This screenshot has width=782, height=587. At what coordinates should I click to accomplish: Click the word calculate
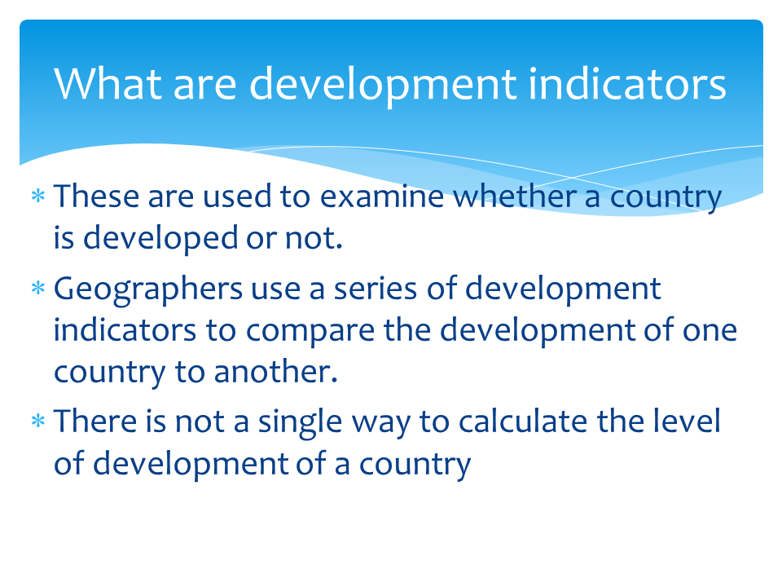pos(518,423)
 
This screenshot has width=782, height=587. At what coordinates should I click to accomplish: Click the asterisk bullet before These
pos(37,197)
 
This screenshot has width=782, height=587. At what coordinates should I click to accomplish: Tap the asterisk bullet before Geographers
pos(37,289)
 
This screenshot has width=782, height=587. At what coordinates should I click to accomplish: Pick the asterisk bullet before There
pos(37,423)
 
